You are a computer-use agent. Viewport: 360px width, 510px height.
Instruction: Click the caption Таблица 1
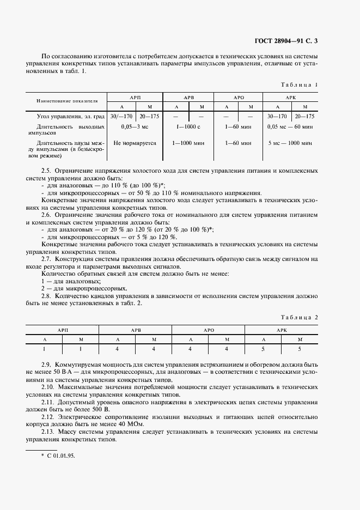(x=299, y=85)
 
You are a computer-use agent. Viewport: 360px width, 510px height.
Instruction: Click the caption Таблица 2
(x=299, y=317)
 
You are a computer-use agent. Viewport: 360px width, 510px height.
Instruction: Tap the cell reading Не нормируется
(x=135, y=143)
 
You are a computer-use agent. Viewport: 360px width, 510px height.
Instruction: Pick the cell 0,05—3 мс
(x=135, y=126)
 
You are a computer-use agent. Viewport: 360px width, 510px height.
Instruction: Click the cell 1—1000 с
(x=189, y=126)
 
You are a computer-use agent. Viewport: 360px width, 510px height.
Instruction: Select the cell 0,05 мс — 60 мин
(x=290, y=126)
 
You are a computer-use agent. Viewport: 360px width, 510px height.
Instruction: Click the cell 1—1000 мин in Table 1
(x=189, y=143)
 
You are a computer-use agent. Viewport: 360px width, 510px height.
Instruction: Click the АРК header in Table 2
(x=281, y=330)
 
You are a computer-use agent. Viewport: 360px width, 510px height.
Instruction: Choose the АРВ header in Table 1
(x=189, y=96)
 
